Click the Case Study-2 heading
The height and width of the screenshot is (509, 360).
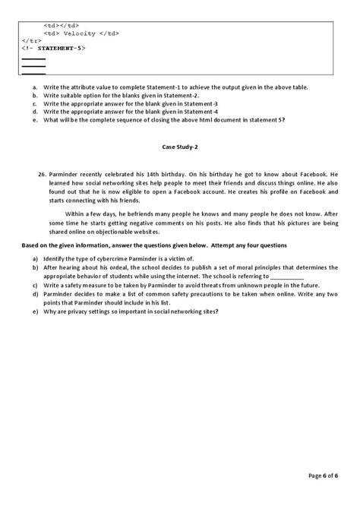click(x=180, y=146)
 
